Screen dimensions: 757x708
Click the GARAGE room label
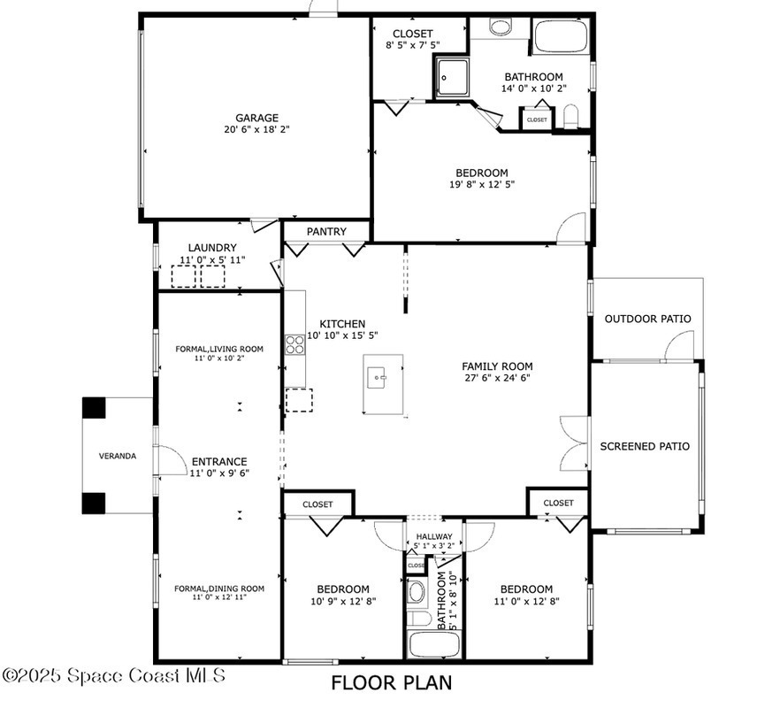256,118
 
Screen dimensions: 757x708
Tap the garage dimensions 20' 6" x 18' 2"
256,129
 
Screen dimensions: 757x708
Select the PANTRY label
326,232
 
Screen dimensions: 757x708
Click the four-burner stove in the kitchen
294,344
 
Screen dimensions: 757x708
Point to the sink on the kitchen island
377,377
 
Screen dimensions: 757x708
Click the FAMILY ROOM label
497,366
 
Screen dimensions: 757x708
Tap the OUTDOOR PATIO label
648,319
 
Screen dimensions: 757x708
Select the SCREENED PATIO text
645,446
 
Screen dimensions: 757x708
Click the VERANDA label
118,456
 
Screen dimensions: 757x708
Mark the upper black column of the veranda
94,408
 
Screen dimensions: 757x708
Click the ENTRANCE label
219,462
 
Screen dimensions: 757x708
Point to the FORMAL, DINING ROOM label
219,589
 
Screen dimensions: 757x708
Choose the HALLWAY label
434,536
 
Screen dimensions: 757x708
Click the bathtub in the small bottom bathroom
434,644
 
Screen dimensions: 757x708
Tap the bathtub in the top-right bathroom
561,36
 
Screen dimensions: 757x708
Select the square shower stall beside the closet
452,77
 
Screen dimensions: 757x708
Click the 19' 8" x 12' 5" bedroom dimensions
482,184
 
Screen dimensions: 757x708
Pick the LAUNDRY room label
212,248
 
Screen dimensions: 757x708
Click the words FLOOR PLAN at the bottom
392,683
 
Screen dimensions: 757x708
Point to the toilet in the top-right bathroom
570,117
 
